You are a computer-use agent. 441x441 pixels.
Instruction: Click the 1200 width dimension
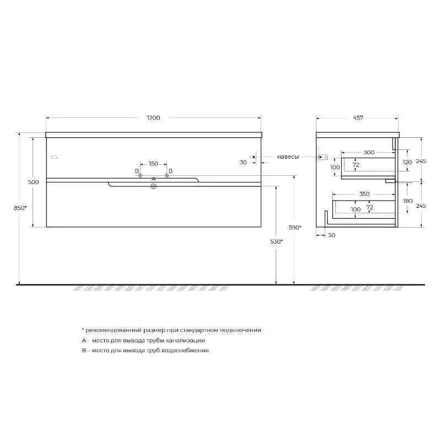click(154, 118)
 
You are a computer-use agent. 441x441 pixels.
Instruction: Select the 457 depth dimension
click(358, 118)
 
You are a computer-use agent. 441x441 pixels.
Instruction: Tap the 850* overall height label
click(20, 208)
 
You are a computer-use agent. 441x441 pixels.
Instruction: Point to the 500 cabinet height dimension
click(34, 182)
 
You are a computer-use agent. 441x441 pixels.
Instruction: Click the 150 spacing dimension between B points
click(153, 163)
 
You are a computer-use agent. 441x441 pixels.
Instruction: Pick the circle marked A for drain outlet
click(154, 186)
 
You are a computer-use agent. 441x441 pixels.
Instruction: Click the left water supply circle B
click(140, 176)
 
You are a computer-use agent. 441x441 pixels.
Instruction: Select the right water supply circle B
click(167, 176)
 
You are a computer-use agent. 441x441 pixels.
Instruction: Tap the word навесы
click(288, 157)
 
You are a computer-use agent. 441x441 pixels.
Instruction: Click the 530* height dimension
click(277, 241)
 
